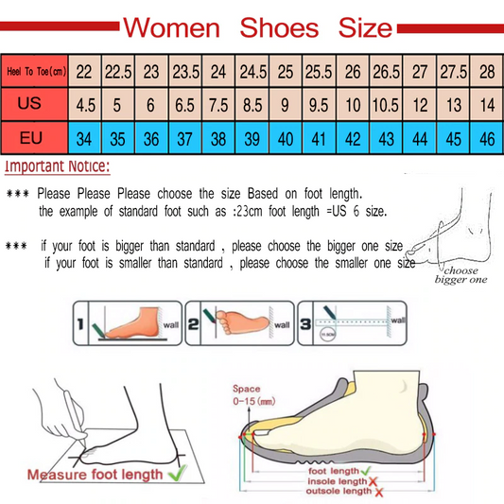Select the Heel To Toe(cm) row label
tap(35, 71)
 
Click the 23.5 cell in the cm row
tap(183, 71)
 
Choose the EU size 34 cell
tap(85, 139)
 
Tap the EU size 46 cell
tap(487, 139)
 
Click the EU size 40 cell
tap(285, 139)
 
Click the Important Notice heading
tap(58, 167)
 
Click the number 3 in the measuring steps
tap(306, 324)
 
